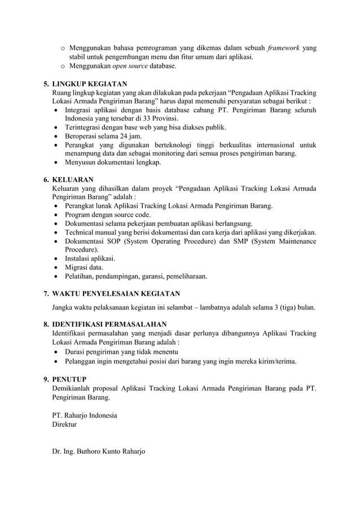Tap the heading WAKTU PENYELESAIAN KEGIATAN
pyautogui.click(x=116, y=293)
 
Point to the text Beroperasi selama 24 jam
pyautogui.click(x=103, y=137)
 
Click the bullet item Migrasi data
pyautogui.click(x=85, y=267)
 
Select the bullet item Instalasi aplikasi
pyautogui.click(x=90, y=258)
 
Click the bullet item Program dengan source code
pyautogui.click(x=108, y=215)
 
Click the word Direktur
pyautogui.click(x=64, y=424)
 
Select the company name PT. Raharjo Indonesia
pyautogui.click(x=85, y=415)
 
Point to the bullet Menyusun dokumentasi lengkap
pyautogui.click(x=113, y=163)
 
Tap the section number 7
pyautogui.click(x=46, y=293)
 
